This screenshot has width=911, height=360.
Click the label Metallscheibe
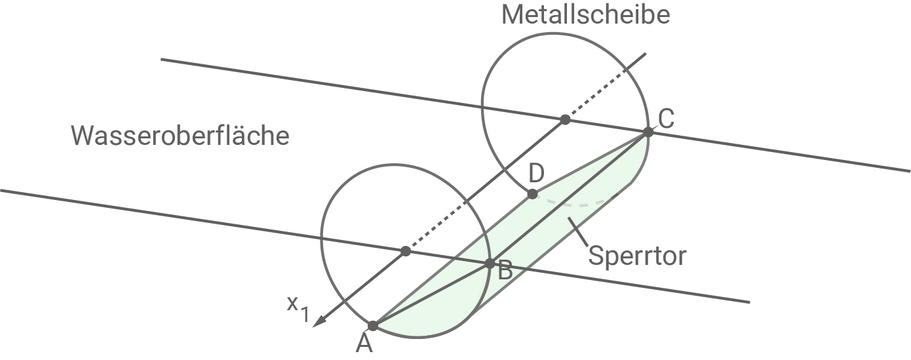pos(585,14)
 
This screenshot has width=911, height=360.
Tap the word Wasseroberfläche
pos(180,136)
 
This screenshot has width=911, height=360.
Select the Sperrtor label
pos(636,256)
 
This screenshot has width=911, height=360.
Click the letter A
pos(364,344)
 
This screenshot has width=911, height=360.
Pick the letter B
pos(505,270)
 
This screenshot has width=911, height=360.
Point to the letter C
pos(666,119)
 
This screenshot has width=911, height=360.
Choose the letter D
pos(536,174)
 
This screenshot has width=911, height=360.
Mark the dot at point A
pos(373,326)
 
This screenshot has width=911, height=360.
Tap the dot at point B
pos(490,264)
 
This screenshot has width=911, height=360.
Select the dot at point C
pos(648,132)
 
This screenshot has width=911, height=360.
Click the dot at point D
pos(532,194)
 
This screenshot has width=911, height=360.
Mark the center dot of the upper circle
pos(565,119)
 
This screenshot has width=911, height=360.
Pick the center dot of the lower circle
pos(406,251)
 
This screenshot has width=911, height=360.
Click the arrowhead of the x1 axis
pos(319,322)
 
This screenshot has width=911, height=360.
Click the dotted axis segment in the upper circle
pos(603,88)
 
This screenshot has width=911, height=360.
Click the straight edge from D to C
pos(590,163)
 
